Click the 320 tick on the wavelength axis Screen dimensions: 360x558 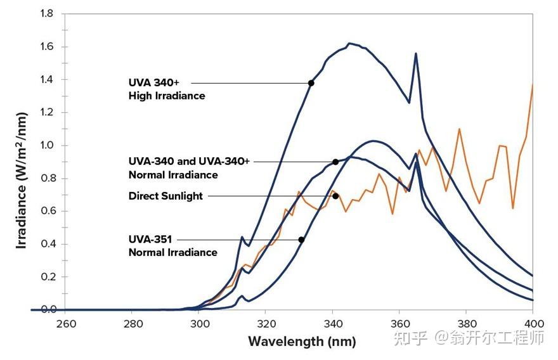click(265, 323)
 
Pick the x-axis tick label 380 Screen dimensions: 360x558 click(465, 323)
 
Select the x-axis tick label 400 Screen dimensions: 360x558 click(531, 323)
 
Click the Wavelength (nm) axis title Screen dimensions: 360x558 click(302, 342)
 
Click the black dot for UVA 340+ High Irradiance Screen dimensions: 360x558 click(311, 83)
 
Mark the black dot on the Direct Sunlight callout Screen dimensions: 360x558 click(335, 196)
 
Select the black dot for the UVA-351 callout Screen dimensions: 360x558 click(301, 240)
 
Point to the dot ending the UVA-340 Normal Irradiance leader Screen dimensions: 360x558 click(335, 162)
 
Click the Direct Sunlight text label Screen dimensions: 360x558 click(165, 196)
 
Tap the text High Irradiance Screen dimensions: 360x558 click(166, 96)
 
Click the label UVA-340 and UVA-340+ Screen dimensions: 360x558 click(189, 162)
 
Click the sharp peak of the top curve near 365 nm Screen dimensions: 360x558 click(416, 54)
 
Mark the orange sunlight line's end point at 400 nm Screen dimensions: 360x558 click(532, 85)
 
